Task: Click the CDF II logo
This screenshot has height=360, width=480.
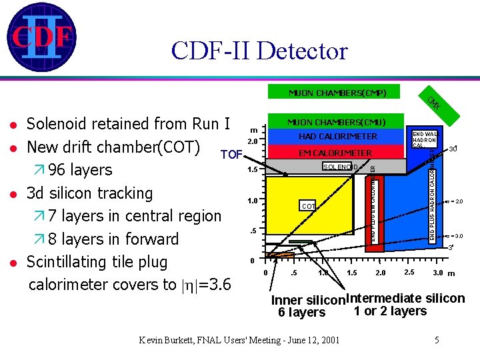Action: tap(41, 37)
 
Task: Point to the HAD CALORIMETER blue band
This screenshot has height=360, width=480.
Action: tap(337, 137)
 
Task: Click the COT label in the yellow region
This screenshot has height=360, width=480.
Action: tap(307, 207)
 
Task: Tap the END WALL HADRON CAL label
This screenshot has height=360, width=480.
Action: tap(424, 140)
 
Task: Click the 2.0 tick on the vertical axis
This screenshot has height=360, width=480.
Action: tap(252, 141)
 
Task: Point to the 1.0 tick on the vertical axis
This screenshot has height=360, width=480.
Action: tap(252, 200)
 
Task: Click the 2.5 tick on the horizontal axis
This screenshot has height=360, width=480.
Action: tap(410, 272)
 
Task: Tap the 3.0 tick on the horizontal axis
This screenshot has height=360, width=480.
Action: tap(438, 272)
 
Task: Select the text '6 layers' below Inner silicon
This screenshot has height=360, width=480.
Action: tap(301, 312)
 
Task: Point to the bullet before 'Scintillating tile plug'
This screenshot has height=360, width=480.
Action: tap(13, 262)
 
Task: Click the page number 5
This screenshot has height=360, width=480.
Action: tap(437, 340)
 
